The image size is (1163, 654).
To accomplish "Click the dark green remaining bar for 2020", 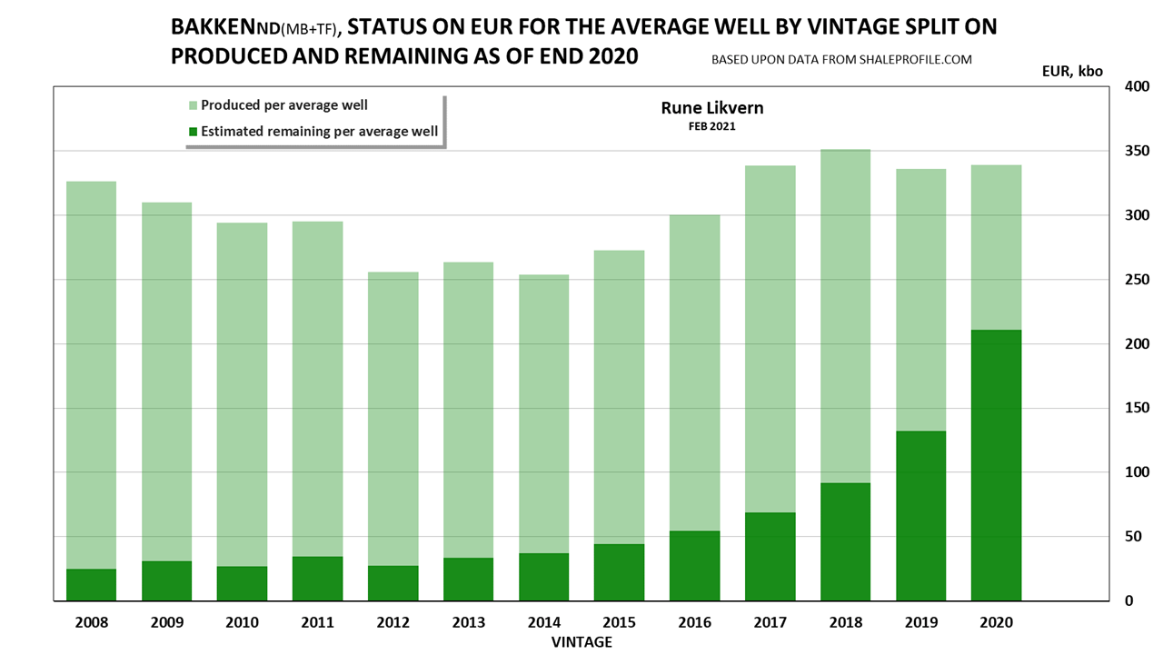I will [x=996, y=465].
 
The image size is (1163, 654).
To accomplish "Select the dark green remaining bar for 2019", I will [x=920, y=516].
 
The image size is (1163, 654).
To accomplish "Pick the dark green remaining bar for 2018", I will [x=845, y=541].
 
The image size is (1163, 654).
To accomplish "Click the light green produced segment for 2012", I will [x=393, y=419].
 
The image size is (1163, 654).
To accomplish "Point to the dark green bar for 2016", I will [x=694, y=565].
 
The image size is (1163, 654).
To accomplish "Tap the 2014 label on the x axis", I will [x=543, y=623].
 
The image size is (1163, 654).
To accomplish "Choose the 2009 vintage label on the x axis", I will [x=167, y=623].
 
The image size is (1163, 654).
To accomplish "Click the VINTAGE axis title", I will [x=581, y=642].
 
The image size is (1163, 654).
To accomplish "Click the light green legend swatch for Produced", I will [x=193, y=105].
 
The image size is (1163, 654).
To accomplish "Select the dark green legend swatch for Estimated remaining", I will [x=193, y=132].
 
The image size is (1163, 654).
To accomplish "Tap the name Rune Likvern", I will [x=711, y=108].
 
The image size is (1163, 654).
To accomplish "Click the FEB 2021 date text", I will [x=711, y=126].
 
